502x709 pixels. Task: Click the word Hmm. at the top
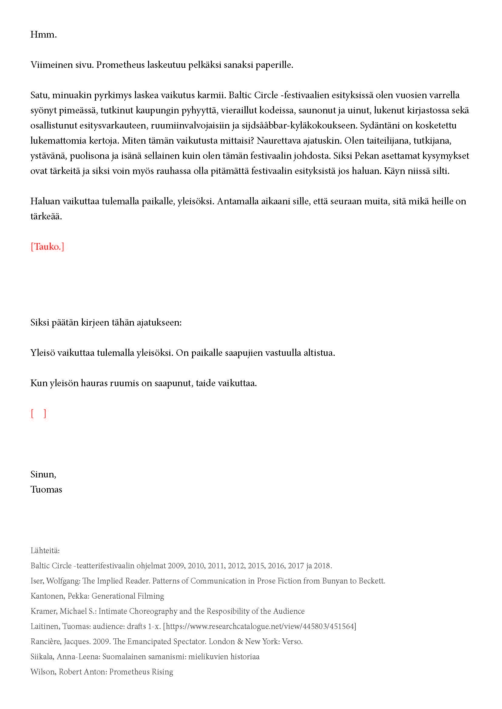click(43, 35)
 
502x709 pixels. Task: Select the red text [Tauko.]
click(47, 247)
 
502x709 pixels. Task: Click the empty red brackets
click(38, 413)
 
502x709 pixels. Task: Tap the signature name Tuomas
click(46, 490)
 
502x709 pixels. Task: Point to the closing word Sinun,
click(43, 474)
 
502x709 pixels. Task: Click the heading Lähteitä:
click(45, 550)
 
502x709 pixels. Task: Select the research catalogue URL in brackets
click(260, 626)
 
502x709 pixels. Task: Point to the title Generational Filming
click(128, 596)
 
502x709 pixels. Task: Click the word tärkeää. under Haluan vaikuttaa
click(46, 216)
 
